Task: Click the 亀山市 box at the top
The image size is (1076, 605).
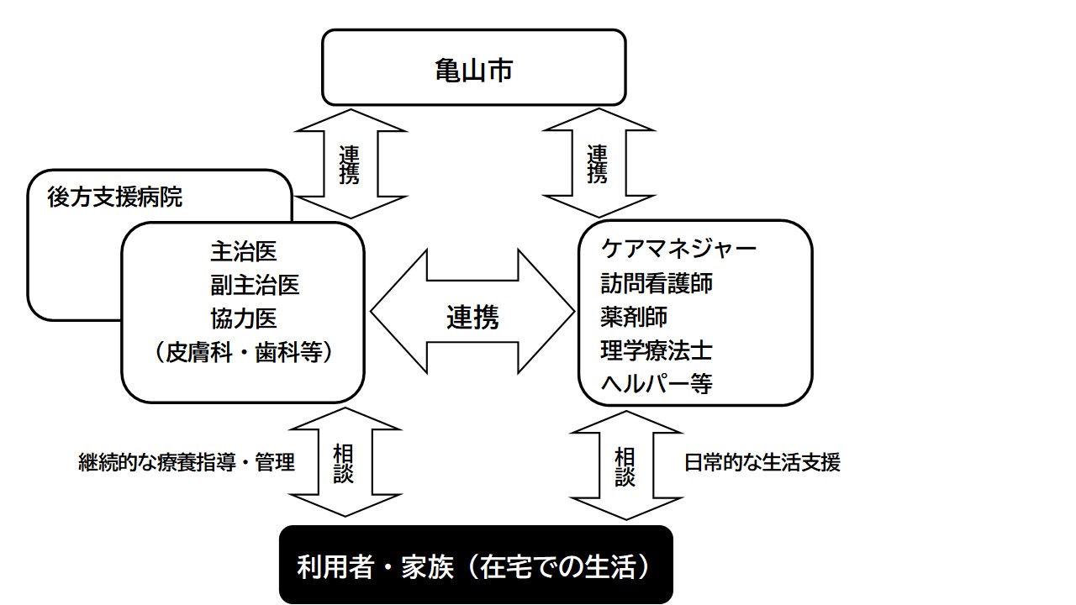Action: (473, 68)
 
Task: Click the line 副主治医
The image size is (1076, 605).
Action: (255, 285)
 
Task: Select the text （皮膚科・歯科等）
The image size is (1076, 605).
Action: (243, 353)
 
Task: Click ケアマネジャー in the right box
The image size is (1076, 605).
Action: (679, 249)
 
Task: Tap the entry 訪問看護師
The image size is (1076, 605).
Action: (657, 283)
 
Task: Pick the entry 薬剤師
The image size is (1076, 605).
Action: (634, 317)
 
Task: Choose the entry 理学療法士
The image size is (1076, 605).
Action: (657, 350)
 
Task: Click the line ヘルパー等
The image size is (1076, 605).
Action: (657, 384)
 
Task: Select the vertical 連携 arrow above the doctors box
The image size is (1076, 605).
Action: (350, 164)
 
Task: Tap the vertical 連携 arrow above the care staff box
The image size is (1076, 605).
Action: (598, 164)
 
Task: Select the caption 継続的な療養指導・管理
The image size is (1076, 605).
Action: (187, 462)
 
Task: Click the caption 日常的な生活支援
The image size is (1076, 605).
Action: (762, 462)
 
